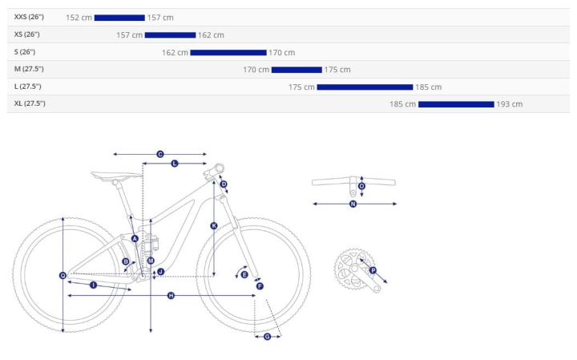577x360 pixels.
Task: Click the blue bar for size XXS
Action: click(119, 18)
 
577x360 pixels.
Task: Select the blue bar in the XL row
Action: click(456, 104)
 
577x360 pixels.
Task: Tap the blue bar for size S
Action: click(228, 53)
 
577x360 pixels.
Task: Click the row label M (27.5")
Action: click(29, 69)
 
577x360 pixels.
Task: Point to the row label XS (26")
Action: click(27, 34)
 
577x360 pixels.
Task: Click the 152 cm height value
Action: click(79, 18)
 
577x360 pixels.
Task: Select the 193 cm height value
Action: click(510, 104)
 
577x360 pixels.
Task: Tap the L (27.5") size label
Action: click(27, 87)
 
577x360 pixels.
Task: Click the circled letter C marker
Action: click(160, 154)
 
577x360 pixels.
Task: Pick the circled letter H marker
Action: click(171, 296)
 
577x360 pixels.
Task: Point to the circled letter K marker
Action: click(214, 225)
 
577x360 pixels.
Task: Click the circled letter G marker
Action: click(268, 337)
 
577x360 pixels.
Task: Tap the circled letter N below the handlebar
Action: click(353, 204)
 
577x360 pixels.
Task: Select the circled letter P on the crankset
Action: click(373, 270)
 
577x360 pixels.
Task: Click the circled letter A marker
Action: click(135, 239)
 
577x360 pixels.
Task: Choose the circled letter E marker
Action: click(244, 274)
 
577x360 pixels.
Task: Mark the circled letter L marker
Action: click(175, 164)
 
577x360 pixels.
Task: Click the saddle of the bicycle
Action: click(116, 176)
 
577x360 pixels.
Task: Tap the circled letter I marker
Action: click(94, 285)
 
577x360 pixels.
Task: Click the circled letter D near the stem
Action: click(224, 184)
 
